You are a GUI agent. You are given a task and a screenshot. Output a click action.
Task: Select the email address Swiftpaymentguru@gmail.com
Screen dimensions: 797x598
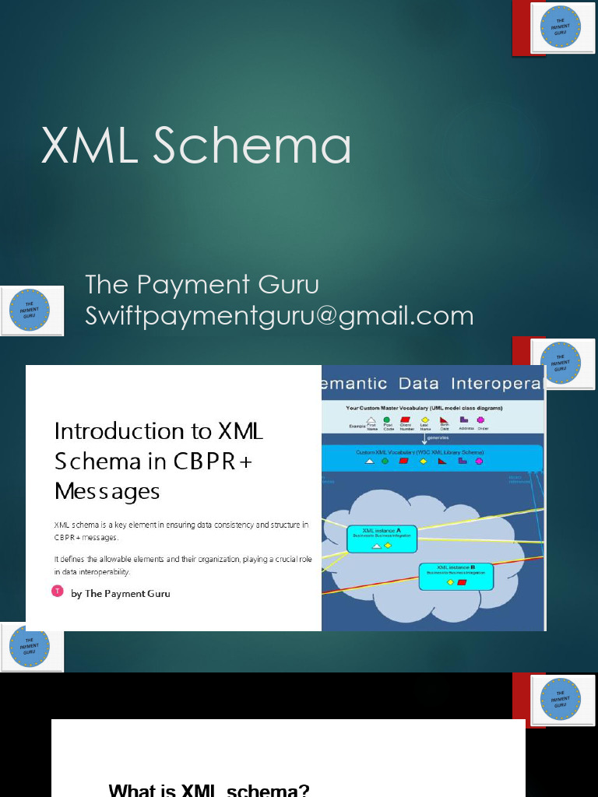[279, 315]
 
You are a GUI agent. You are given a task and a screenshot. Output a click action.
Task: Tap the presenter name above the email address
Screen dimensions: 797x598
[202, 284]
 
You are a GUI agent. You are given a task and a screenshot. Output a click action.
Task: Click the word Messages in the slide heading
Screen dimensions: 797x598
[107, 491]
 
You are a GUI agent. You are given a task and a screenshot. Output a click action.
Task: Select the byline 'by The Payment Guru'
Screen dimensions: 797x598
[120, 593]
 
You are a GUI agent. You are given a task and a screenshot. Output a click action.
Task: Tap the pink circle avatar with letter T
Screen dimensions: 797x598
[57, 591]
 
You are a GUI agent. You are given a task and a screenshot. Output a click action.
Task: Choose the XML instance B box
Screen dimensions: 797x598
[456, 575]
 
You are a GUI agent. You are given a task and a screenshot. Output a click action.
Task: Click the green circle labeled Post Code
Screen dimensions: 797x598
[387, 420]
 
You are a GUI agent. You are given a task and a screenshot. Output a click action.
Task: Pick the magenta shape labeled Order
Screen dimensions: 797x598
[480, 420]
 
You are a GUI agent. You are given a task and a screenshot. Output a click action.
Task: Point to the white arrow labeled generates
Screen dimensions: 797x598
[424, 440]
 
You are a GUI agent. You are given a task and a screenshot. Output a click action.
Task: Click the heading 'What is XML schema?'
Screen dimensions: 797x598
[209, 789]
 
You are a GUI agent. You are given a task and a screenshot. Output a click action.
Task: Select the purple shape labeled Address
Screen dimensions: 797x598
[464, 420]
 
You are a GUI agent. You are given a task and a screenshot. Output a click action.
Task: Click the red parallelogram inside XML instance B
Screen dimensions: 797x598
[462, 582]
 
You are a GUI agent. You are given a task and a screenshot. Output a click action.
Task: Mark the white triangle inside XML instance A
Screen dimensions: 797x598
[377, 546]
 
